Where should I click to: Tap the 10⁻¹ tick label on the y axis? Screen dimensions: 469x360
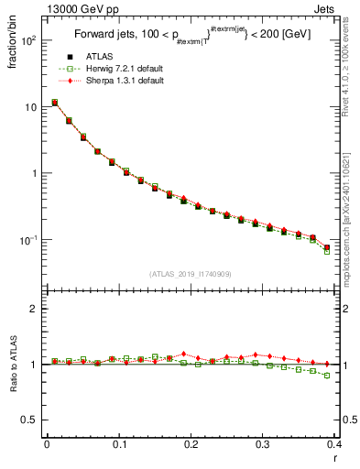coord(27,239)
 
